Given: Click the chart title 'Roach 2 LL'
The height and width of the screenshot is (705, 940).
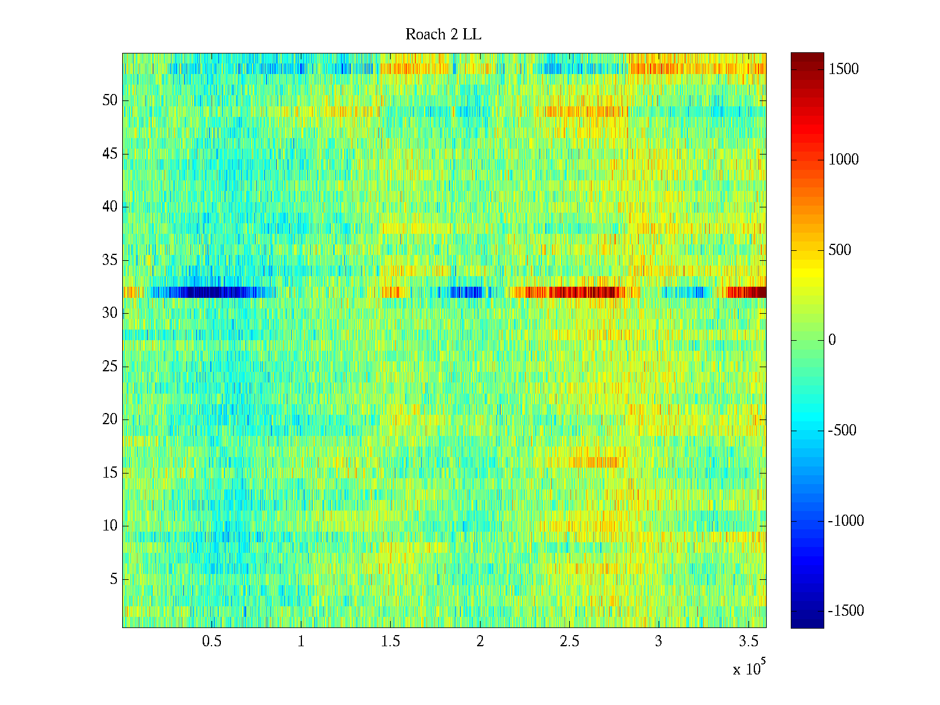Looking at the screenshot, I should [x=443, y=35].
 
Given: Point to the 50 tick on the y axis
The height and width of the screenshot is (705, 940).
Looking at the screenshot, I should [x=110, y=100].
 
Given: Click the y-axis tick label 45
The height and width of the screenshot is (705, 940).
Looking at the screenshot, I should [x=110, y=154].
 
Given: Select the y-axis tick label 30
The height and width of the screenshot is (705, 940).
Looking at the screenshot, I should [x=110, y=313].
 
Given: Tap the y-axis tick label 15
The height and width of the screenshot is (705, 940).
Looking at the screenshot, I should [x=110, y=473].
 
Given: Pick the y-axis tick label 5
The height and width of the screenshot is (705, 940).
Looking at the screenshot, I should [x=113, y=579].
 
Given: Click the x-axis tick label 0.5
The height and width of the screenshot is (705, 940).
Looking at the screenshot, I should [x=211, y=642].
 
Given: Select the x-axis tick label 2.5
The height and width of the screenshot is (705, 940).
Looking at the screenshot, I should [x=569, y=642].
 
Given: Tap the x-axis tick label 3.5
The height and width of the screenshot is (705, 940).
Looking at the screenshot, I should [x=748, y=642].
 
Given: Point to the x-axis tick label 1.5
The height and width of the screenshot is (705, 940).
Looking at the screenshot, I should [x=391, y=642].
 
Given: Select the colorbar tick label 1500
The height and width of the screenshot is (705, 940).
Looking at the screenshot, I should [x=844, y=69].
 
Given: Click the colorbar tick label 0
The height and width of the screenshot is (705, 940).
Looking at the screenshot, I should [x=832, y=340].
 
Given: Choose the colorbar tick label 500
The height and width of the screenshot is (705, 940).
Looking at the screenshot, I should [x=840, y=250].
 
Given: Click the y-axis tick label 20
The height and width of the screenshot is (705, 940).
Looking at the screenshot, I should [x=110, y=419].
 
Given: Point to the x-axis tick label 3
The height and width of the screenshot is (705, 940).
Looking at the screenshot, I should [x=659, y=642].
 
